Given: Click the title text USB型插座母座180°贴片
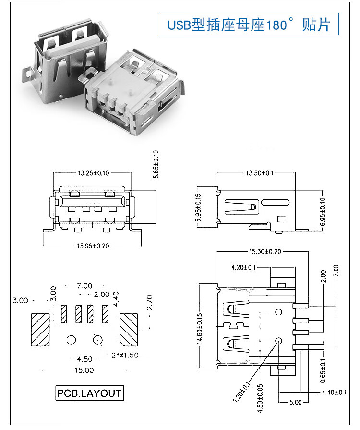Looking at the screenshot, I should tap(248, 25).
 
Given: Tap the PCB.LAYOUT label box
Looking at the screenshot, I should tap(89, 393).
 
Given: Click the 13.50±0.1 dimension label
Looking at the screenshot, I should tap(259, 173).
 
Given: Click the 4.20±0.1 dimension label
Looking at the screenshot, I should tap(245, 267).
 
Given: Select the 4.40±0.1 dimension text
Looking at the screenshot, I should tap(334, 393).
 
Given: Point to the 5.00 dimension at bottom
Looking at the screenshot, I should tap(296, 402).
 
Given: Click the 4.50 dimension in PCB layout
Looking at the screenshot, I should tap(84, 359).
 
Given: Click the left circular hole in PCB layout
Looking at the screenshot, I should tap(72, 340).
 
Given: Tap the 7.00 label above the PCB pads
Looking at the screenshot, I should tap(84, 286).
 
